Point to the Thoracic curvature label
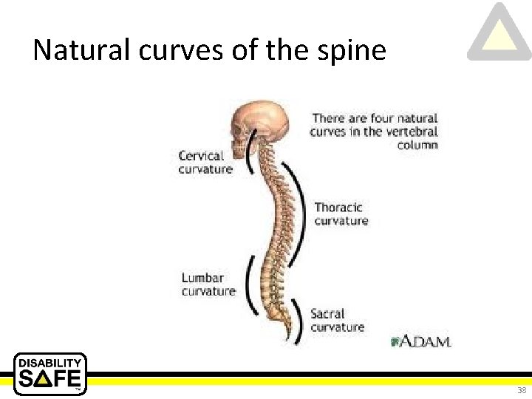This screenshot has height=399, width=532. click(340, 214)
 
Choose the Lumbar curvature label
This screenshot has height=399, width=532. click(208, 284)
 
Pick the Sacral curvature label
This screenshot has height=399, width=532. click(337, 321)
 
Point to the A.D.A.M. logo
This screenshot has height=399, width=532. click(421, 341)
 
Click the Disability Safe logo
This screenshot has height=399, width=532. click(50, 374)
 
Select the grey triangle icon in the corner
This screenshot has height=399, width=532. click(499, 33)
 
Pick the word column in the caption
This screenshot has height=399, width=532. click(417, 145)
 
